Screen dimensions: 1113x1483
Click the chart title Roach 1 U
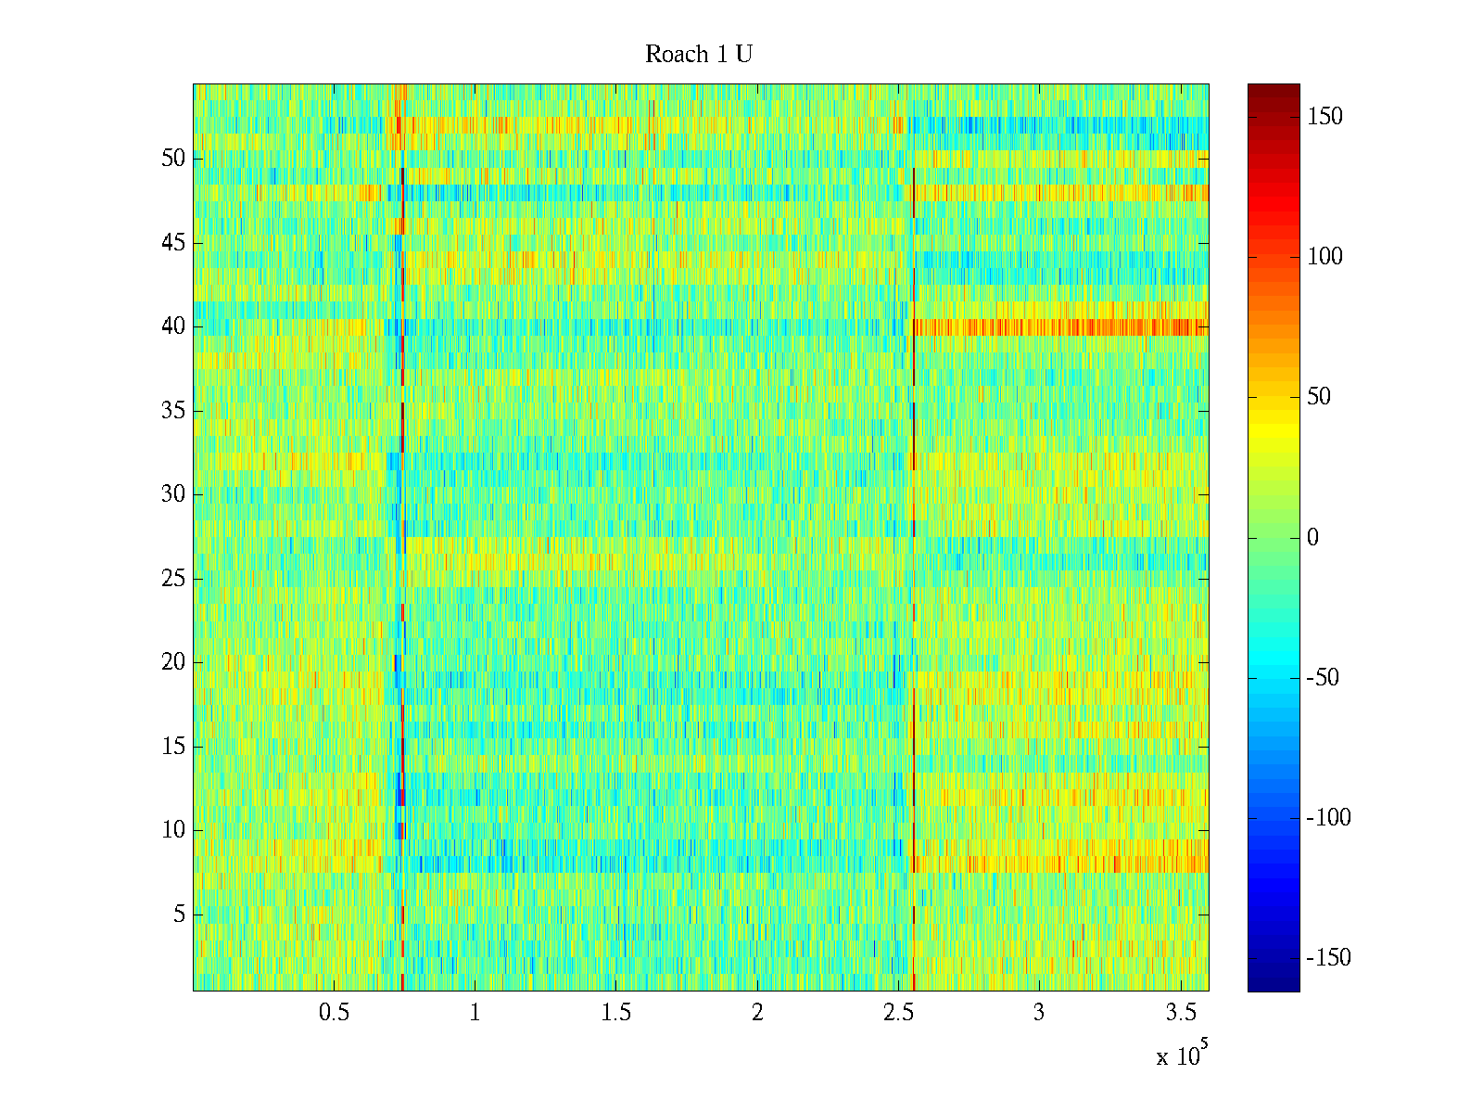tap(698, 55)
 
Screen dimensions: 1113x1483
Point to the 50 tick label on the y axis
tap(173, 159)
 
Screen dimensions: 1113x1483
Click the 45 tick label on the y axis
tap(173, 243)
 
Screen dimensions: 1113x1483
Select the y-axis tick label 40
tap(173, 326)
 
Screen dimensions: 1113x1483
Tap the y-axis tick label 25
tap(173, 579)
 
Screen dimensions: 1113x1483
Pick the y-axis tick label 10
tap(173, 830)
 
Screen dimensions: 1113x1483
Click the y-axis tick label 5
tap(179, 915)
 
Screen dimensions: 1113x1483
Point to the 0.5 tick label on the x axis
tap(334, 1013)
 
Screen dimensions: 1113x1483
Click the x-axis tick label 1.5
tap(615, 1013)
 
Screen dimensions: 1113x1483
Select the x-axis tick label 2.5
tap(898, 1013)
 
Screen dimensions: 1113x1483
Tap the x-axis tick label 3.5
tap(1180, 1013)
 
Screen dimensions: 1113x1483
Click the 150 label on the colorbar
tap(1325, 117)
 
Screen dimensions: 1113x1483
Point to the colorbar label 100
tap(1325, 257)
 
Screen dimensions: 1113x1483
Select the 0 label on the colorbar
tap(1312, 538)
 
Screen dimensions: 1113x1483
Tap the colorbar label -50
tap(1323, 678)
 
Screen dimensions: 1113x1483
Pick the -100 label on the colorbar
tap(1328, 818)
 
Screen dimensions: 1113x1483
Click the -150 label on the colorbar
tap(1328, 958)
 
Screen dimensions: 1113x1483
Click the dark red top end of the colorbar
tap(1273, 89)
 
